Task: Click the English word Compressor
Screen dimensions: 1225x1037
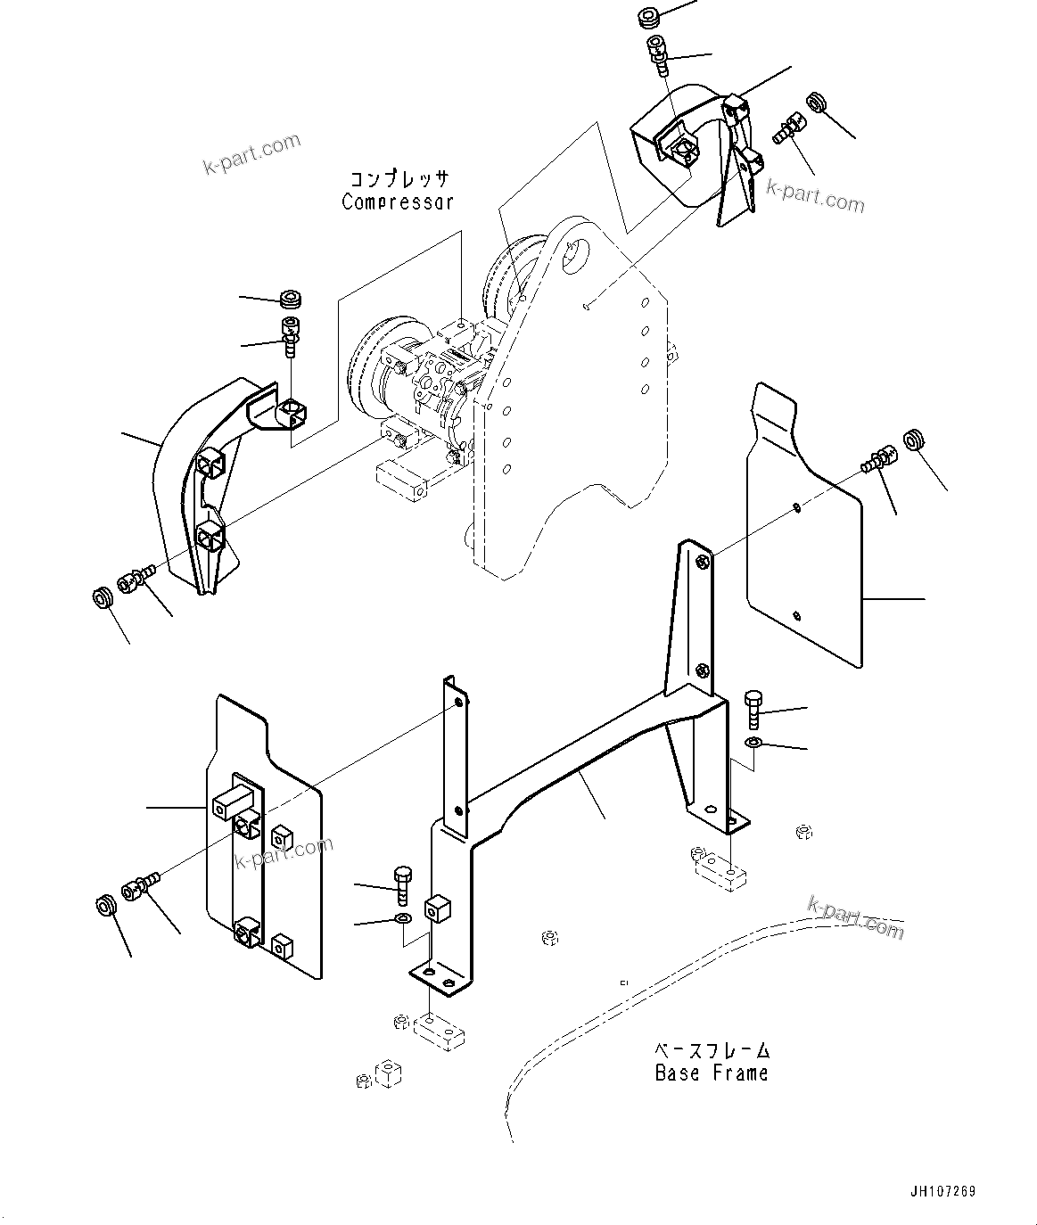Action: (398, 201)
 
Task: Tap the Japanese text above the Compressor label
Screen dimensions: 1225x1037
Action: (399, 177)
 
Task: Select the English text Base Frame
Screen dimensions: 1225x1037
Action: (711, 1073)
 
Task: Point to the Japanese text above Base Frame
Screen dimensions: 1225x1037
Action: (712, 1050)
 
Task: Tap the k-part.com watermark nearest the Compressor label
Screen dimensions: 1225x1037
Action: (252, 153)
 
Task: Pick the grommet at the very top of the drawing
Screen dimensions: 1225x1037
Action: (649, 18)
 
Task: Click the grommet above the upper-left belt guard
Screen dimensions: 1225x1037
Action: (290, 299)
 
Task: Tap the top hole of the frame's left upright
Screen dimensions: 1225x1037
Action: (458, 703)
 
